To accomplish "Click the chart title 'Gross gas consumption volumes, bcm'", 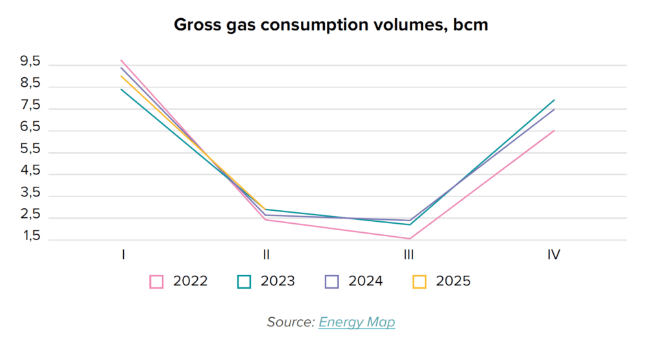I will pos(331,25).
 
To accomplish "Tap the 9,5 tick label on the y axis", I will pos(30,62).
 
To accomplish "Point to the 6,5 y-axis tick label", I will pos(30,128).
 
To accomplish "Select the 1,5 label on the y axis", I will pos(30,237).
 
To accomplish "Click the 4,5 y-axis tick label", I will pos(30,171).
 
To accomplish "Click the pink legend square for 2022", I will pos(156,282).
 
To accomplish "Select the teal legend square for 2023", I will pos(244,282).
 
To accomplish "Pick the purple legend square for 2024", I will pos(331,282).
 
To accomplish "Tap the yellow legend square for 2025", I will pos(420,282).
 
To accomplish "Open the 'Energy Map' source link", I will pos(357,322).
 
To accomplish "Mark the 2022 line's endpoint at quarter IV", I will pos(554,130).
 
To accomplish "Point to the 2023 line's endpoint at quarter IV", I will pos(554,100).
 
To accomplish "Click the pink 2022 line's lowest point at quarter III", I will pos(409,238).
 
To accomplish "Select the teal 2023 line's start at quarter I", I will pos(121,89).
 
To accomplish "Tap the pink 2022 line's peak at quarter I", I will pos(121,60).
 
